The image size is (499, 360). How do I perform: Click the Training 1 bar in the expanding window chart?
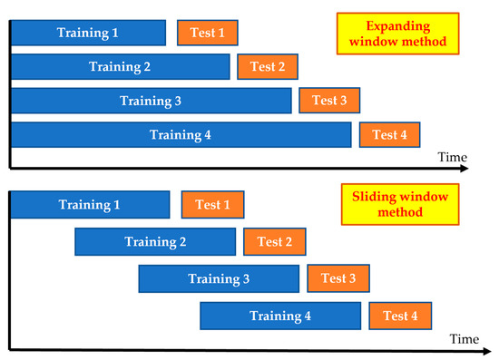88,33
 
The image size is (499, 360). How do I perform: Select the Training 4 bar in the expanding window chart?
181,134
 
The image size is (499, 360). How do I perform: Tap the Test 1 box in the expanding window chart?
208,33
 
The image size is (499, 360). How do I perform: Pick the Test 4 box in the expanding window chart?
390,134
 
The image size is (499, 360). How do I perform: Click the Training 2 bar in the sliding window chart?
155,241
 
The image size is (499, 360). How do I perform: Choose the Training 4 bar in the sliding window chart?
280,316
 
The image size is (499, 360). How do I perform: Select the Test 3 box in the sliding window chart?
338,278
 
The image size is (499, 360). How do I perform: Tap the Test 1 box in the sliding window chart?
212,205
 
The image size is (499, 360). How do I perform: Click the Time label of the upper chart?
453,157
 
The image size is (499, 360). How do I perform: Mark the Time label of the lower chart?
463,338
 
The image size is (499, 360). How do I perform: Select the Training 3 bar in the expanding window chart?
151,100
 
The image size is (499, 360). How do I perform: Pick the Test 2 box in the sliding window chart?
275,241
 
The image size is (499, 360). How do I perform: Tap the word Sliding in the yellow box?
369,194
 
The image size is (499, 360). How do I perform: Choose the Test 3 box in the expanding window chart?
330,100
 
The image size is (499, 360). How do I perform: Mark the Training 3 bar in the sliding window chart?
219,278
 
